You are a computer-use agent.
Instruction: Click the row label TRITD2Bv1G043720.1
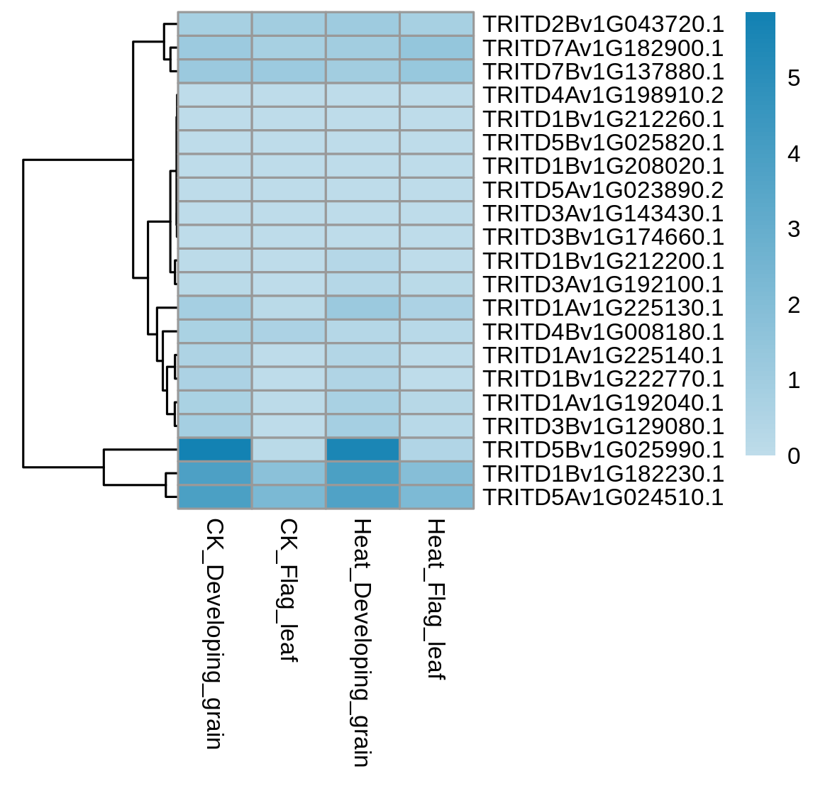point(604,24)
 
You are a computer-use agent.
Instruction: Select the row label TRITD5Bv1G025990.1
point(604,450)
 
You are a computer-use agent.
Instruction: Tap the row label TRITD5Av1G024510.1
point(604,497)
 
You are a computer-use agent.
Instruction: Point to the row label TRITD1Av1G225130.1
point(604,308)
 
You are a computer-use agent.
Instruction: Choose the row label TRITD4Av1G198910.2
point(604,95)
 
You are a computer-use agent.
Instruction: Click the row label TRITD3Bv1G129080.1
point(604,426)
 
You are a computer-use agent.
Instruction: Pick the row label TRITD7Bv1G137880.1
point(604,72)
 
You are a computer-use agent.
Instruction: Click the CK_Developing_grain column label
point(214,634)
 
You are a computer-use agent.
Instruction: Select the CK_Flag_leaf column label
point(289,591)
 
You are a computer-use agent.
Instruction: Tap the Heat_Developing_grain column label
point(363,643)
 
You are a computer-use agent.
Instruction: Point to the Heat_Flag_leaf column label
point(437,599)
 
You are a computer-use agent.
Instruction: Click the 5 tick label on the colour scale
point(794,78)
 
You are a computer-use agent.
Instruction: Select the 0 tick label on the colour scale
point(794,455)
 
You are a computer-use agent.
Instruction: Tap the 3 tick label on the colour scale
point(794,229)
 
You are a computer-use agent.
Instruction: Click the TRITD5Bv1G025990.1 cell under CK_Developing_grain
point(214,450)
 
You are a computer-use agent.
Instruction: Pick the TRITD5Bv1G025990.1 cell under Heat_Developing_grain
point(363,450)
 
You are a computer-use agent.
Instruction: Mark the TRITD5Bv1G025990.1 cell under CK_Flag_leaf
point(289,450)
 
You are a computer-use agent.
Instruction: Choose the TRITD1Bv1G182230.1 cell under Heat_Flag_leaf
point(437,473)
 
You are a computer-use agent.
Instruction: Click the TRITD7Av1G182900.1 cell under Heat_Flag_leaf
point(437,48)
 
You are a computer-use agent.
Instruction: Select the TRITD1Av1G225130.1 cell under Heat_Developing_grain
point(363,308)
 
